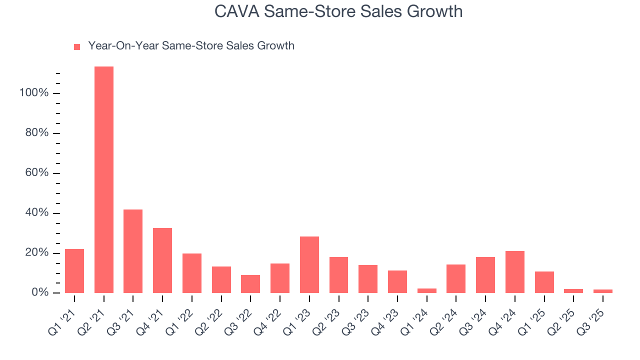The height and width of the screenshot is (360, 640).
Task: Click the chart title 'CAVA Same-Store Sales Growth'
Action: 338,11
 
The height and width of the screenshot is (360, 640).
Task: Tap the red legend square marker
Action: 77,47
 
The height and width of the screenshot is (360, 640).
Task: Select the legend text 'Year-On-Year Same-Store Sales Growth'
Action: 191,46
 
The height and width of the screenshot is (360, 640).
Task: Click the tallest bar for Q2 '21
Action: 104,180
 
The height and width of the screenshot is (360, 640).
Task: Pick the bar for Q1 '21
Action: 74,271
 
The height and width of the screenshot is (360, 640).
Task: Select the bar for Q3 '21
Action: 133,251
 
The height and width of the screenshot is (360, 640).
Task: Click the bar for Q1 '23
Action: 309,264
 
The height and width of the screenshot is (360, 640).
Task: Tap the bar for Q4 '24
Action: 515,272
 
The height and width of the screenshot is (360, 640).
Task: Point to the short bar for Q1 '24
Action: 427,290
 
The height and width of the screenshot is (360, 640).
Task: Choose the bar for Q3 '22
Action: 250,284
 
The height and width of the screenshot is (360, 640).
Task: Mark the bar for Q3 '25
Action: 603,291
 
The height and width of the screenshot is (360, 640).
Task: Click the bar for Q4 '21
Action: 162,260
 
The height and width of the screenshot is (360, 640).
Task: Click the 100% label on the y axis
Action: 34,93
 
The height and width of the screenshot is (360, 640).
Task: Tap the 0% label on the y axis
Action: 39,292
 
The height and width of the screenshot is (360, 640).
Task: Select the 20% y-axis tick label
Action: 36,253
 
